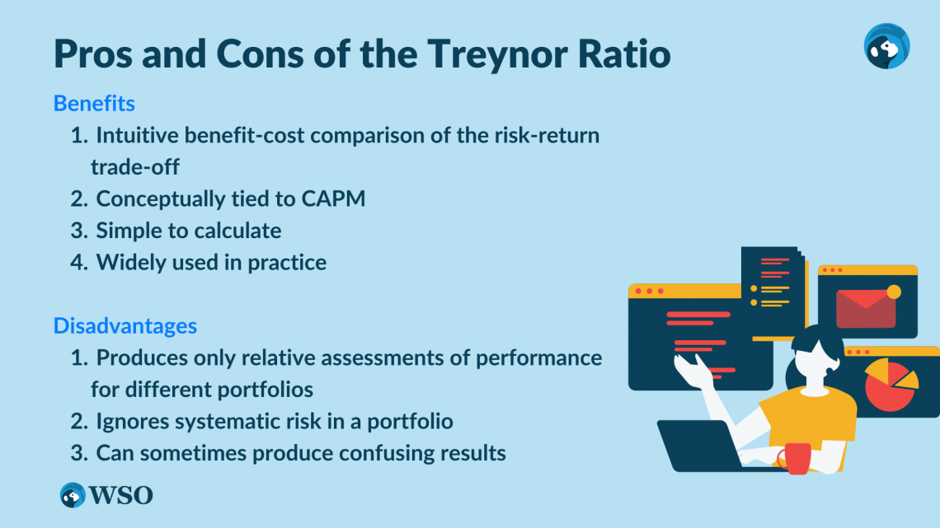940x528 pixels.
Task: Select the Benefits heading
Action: point(94,104)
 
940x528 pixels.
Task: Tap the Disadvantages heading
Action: point(125,325)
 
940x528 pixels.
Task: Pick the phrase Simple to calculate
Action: point(188,230)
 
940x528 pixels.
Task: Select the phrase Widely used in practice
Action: point(211,262)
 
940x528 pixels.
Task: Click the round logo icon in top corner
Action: point(886,45)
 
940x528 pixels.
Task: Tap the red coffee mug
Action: point(795,458)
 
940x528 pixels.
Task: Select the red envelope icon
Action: point(865,307)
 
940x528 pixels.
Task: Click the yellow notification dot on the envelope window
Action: point(893,291)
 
